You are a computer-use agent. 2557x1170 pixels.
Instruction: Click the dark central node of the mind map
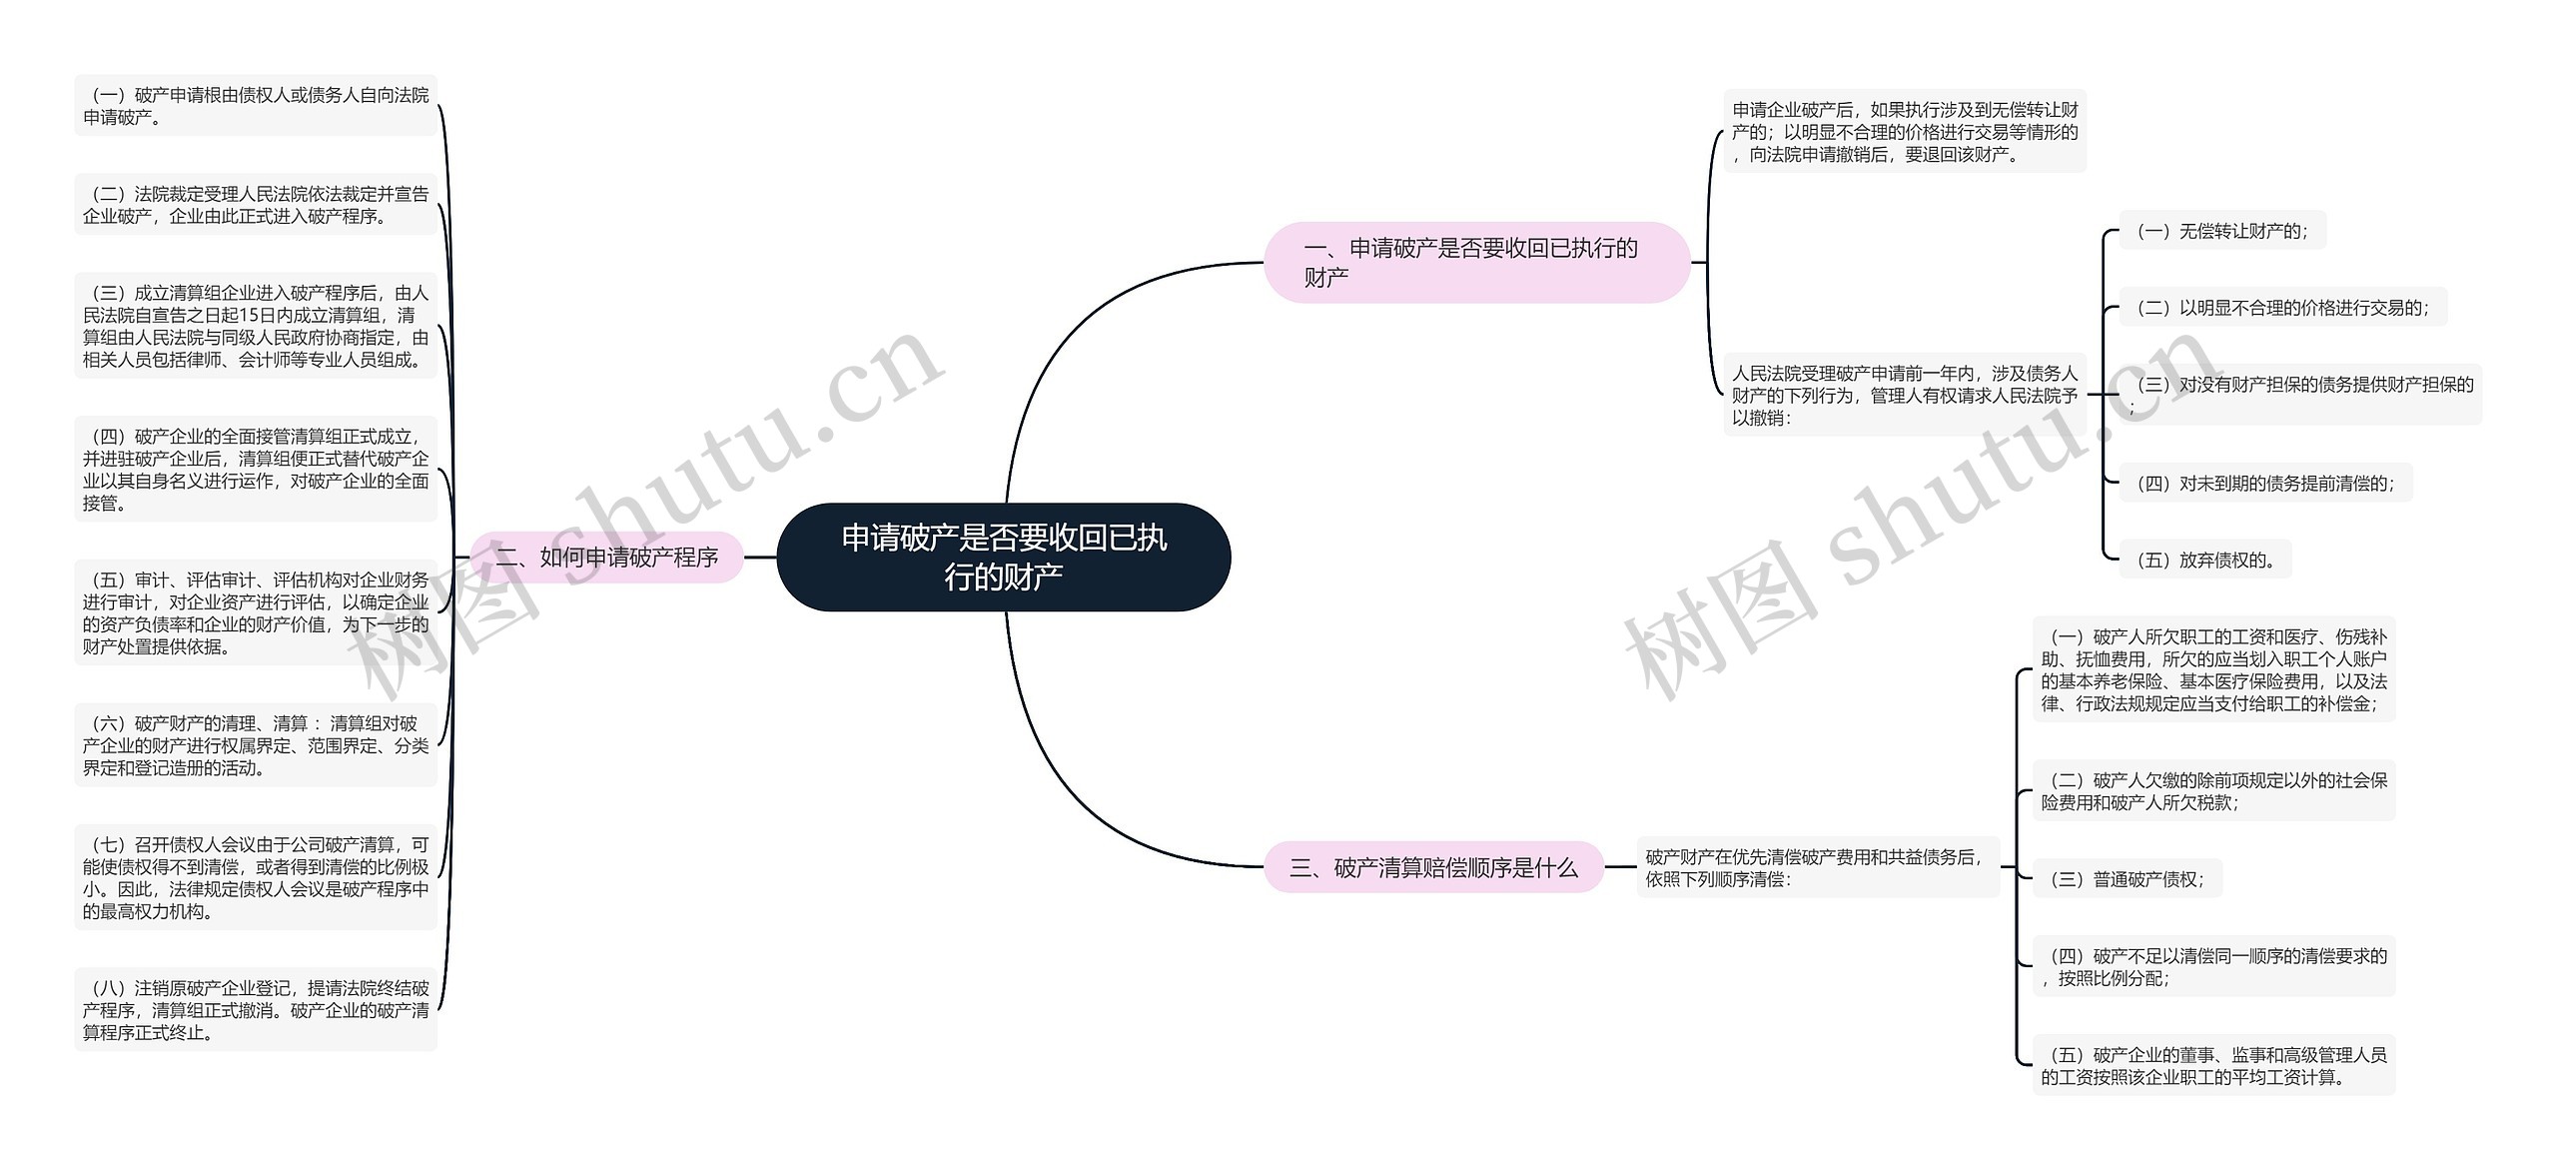click(x=1004, y=557)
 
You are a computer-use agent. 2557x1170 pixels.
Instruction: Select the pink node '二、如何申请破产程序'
click(x=607, y=557)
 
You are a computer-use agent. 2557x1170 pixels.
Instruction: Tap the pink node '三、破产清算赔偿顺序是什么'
click(x=1433, y=867)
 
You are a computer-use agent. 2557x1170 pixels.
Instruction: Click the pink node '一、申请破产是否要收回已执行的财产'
click(x=1475, y=262)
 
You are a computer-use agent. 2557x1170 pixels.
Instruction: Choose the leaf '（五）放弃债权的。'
click(x=2204, y=560)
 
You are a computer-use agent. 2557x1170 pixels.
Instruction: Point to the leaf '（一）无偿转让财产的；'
click(x=2221, y=231)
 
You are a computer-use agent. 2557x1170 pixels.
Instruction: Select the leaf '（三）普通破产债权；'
click(x=2126, y=879)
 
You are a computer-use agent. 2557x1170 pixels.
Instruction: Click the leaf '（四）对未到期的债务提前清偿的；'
click(x=2264, y=483)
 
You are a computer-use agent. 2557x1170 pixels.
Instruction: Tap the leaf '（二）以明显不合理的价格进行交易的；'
click(x=2282, y=308)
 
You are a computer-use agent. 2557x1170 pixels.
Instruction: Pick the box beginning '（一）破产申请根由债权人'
click(x=256, y=106)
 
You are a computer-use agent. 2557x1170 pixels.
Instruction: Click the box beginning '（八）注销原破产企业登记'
click(x=256, y=1010)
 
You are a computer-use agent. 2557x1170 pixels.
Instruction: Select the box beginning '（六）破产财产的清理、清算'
click(x=256, y=745)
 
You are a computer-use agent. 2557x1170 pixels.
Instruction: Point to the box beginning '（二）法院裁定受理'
click(x=256, y=205)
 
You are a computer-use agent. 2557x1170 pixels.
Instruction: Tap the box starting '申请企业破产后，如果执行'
click(x=1905, y=132)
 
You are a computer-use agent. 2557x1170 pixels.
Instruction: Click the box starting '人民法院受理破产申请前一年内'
click(x=1904, y=395)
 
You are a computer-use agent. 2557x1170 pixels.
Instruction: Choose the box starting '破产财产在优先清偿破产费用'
click(x=1817, y=867)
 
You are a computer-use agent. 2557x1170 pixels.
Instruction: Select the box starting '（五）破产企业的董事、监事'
click(x=2213, y=1065)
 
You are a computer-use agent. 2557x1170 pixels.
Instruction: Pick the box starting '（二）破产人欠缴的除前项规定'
click(x=2213, y=790)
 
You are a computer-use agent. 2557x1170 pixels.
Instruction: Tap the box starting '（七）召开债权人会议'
click(x=256, y=877)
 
